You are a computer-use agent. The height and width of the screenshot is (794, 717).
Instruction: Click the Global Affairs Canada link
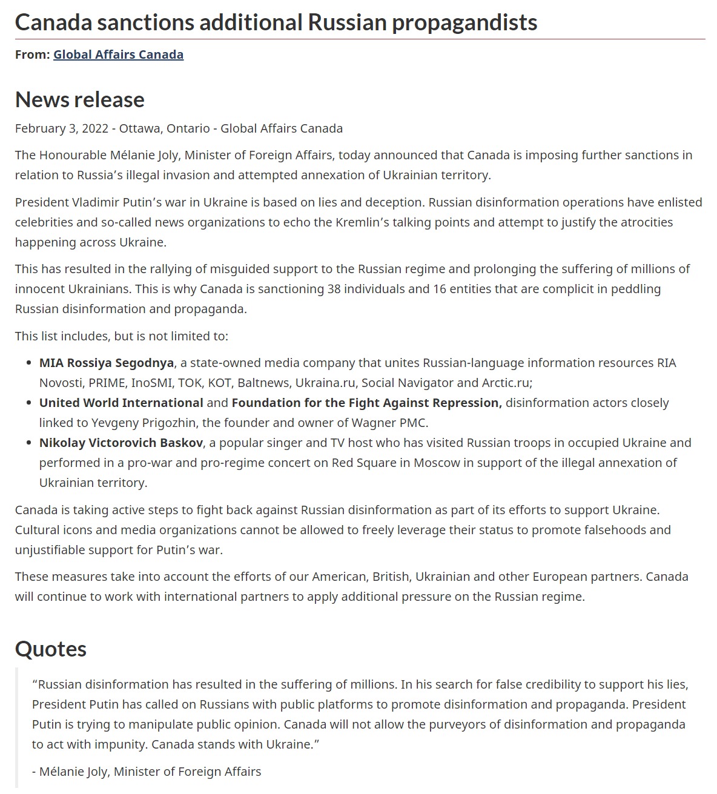tap(118, 55)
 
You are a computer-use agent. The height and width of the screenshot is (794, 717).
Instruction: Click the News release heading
tap(80, 99)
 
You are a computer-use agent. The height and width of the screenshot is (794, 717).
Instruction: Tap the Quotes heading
tap(51, 649)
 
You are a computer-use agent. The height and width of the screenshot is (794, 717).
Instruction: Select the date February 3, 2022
tap(62, 128)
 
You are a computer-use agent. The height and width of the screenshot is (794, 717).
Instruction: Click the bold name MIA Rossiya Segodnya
tap(107, 363)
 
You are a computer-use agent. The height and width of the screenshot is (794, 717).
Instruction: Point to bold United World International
tap(121, 403)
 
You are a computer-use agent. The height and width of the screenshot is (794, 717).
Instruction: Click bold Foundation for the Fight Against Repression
tap(366, 403)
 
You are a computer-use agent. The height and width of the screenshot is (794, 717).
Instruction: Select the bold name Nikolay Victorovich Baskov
tap(121, 443)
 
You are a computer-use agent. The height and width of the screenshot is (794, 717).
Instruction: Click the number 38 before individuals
tap(334, 289)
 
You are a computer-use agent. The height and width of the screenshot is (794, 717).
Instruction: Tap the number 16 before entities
tap(440, 289)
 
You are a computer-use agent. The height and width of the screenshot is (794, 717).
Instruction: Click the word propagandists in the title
tap(464, 22)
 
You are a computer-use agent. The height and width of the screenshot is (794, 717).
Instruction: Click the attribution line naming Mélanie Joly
tap(147, 772)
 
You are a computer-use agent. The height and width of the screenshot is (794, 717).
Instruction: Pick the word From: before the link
tap(32, 55)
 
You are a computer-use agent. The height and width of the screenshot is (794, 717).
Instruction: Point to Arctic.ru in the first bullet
tap(506, 383)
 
